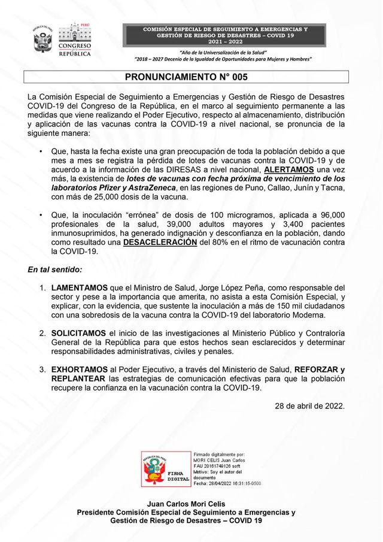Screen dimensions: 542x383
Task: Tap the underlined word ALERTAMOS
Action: [288, 169]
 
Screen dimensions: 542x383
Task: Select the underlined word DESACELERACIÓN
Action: [160, 243]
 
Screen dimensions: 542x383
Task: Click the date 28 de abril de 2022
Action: [309, 405]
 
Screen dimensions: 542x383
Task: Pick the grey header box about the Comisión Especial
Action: [225, 35]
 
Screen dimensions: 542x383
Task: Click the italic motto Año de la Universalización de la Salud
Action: [225, 53]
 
